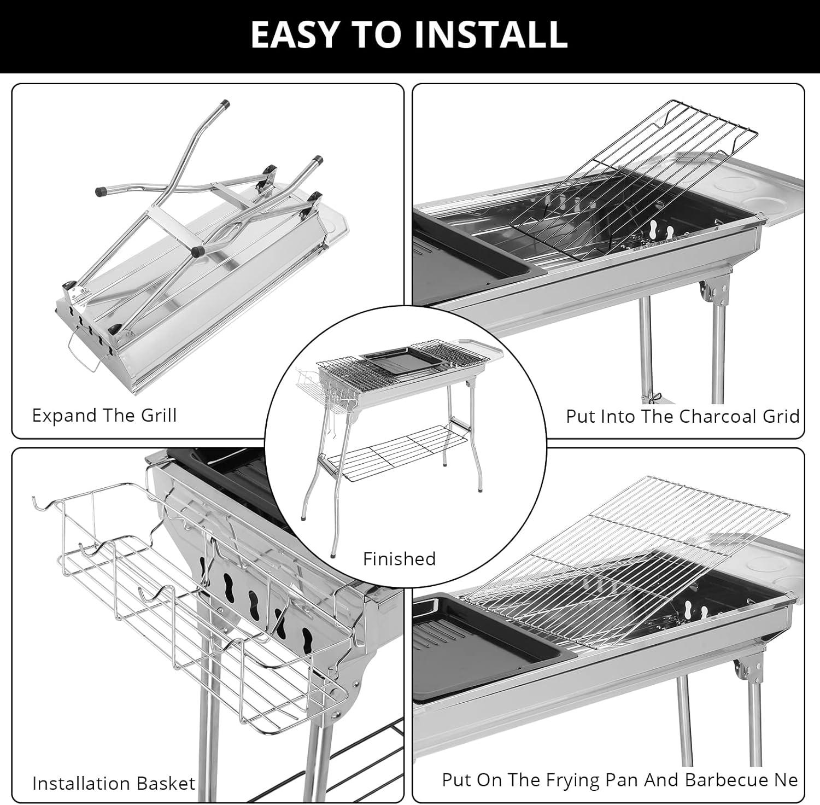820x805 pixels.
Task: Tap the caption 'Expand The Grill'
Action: point(104,415)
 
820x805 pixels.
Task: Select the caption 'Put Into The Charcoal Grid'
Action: point(682,416)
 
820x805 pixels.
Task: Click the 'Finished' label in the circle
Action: point(399,558)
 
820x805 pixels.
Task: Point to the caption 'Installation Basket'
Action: point(114,783)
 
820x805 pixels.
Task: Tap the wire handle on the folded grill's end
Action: point(82,349)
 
